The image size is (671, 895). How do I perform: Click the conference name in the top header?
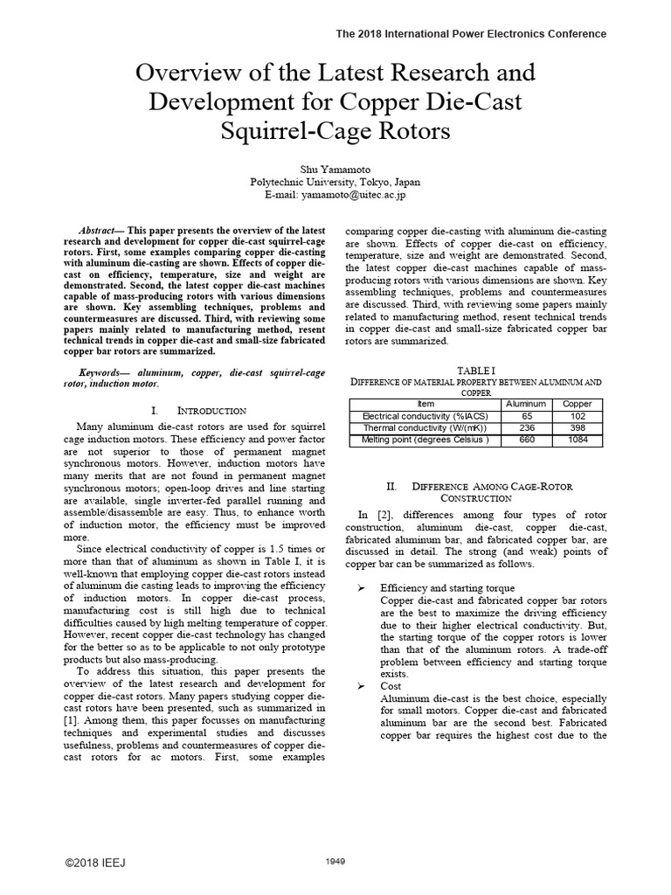[471, 34]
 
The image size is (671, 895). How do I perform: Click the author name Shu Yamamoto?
[335, 169]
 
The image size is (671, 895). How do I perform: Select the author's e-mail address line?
[335, 196]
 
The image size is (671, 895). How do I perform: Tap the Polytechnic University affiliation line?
[335, 183]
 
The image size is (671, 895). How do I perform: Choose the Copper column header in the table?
[577, 404]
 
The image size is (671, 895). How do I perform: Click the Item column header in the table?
[425, 404]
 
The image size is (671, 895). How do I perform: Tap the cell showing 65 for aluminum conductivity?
[527, 416]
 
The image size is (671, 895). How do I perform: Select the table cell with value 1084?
[577, 440]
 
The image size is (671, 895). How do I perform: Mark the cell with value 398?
[577, 428]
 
